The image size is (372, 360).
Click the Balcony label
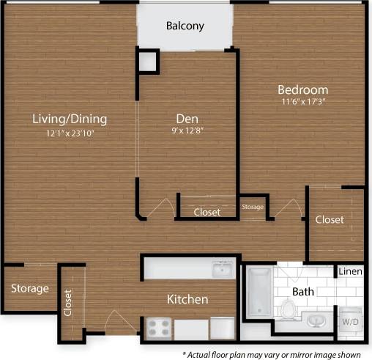pos(185,26)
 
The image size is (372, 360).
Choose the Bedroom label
pos(302,89)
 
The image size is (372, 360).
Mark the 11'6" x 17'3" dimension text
pos(302,103)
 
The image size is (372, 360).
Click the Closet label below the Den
pos(207,213)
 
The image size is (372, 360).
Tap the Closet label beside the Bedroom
pos(330,219)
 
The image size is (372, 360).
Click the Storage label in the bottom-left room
pos(29,288)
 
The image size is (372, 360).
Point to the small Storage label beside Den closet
pos(253,207)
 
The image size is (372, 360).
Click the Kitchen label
pos(187,299)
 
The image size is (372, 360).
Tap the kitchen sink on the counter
pos(222,271)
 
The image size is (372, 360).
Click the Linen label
pos(349,272)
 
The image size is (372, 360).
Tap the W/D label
pos(350,321)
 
